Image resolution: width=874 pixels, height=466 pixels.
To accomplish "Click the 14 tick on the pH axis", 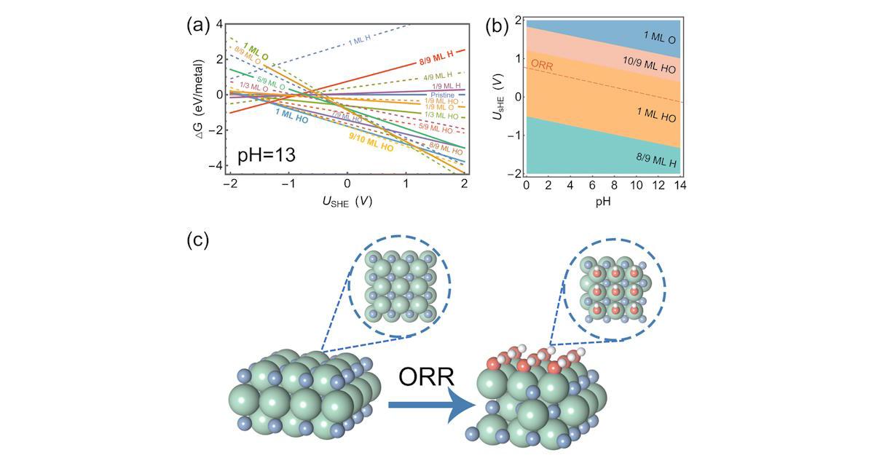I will point(680,186).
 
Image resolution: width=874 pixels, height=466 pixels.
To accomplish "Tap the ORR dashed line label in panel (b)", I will point(542,65).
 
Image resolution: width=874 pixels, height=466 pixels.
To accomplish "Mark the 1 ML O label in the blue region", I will point(658,35).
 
